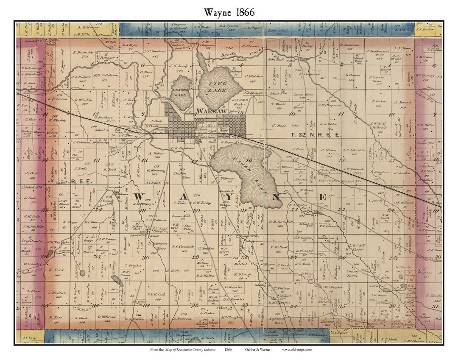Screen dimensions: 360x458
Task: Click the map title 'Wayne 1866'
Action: coord(229,12)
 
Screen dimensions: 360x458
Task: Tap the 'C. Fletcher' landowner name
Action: coord(254,76)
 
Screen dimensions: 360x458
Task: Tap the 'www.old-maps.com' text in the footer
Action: coord(297,349)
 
